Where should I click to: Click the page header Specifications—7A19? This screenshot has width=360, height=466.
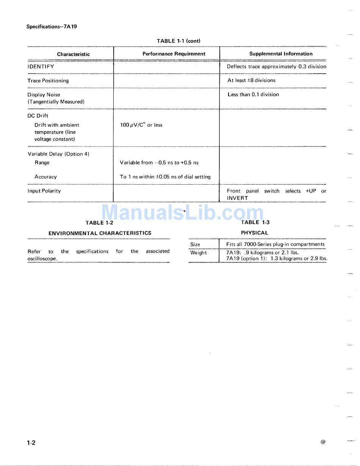(x=52, y=27)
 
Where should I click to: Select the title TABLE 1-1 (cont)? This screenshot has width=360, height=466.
(x=178, y=41)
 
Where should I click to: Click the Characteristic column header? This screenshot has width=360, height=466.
(x=73, y=54)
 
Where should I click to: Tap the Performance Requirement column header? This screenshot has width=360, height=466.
(x=174, y=54)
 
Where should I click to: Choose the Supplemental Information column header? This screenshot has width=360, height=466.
(x=281, y=54)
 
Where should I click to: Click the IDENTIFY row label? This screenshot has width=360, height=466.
(x=41, y=66)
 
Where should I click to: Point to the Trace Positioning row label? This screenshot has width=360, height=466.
(x=48, y=80)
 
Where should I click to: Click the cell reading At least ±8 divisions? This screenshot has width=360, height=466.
(x=251, y=80)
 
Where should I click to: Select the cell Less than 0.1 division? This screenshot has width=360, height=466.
(x=253, y=94)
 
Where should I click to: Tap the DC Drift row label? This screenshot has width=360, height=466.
(x=38, y=116)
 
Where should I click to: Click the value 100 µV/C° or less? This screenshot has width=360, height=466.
(x=141, y=125)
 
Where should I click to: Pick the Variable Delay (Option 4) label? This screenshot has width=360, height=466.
(x=58, y=154)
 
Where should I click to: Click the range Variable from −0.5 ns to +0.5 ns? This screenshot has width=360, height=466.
(x=159, y=163)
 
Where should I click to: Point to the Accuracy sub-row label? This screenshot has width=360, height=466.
(x=45, y=177)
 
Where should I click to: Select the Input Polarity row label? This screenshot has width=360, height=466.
(x=44, y=191)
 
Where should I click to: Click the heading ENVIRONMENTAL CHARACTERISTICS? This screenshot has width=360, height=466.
(x=100, y=233)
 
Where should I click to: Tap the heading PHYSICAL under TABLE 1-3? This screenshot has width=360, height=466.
(x=254, y=233)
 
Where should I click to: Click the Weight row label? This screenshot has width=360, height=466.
(x=199, y=253)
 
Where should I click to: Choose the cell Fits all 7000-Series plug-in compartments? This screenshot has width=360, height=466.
(x=275, y=244)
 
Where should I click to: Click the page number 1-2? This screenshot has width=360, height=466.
(x=31, y=442)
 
